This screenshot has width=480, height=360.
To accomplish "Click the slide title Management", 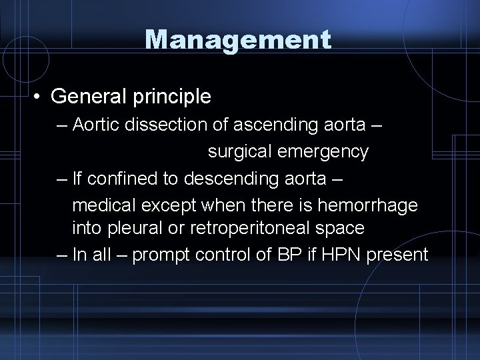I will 238,40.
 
